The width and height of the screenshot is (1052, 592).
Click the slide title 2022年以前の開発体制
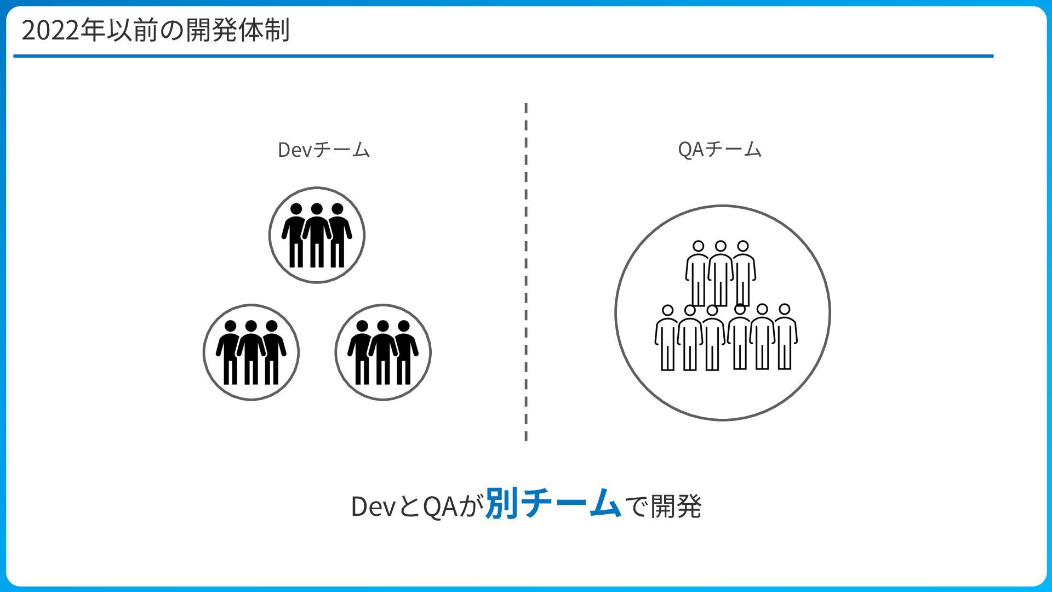coord(155,31)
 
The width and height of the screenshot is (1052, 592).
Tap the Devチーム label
coord(324,150)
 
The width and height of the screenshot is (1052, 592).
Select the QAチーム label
coord(719,149)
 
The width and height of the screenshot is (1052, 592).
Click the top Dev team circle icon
coord(317,235)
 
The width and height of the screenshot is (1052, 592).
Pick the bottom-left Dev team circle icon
coord(251,352)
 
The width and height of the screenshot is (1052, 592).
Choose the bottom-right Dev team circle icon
coord(383,352)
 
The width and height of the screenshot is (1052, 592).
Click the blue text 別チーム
coord(553,504)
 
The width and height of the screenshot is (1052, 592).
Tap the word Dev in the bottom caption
coord(373,506)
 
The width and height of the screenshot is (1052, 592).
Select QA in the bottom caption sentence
coord(440,506)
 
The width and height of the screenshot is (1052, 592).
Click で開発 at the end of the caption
coord(663,506)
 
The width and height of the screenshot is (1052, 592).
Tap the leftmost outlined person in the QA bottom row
coord(667,337)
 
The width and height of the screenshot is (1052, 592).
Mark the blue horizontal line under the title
coord(503,56)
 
